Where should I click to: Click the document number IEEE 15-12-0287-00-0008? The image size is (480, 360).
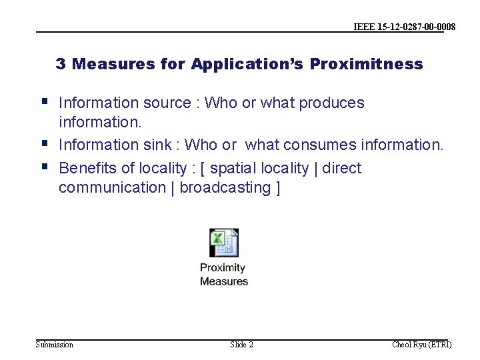(x=405, y=27)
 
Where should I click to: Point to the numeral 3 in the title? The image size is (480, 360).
(x=61, y=64)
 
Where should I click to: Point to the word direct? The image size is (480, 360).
(x=341, y=168)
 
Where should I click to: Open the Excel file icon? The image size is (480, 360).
(x=224, y=243)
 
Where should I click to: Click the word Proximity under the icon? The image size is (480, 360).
(x=223, y=268)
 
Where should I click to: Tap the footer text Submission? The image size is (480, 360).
(x=55, y=345)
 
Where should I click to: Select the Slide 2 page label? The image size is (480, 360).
(x=241, y=345)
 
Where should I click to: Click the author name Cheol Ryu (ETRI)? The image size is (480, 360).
(x=421, y=345)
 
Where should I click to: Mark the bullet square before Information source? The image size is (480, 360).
(x=44, y=102)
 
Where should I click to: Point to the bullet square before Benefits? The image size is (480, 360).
(x=44, y=167)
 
